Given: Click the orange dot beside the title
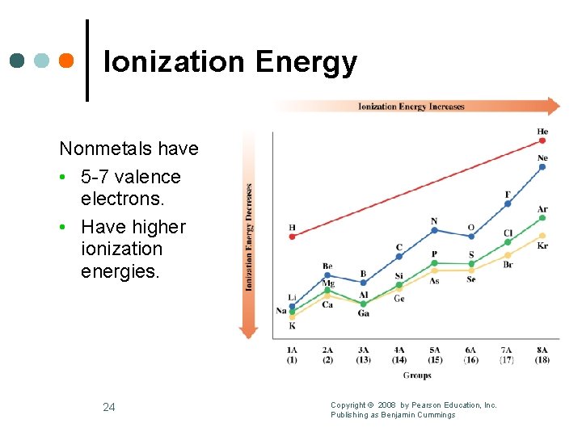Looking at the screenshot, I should click(66, 61).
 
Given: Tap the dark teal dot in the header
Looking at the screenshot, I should click(17, 61).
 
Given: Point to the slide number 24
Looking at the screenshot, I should click(109, 407).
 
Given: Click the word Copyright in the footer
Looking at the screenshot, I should click(348, 405).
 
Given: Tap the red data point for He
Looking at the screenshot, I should click(542, 140).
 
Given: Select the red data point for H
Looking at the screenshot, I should click(293, 236).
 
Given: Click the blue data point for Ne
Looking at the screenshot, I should click(542, 167).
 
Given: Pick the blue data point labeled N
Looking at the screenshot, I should click(435, 230).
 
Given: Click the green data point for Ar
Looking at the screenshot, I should click(542, 217).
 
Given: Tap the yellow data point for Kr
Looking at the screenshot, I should click(542, 236).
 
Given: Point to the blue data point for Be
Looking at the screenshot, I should click(327, 275).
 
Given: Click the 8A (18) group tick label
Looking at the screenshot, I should click(542, 354).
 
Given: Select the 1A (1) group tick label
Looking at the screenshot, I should click(292, 354).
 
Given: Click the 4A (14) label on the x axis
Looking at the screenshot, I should click(399, 354).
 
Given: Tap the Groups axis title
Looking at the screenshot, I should click(417, 375).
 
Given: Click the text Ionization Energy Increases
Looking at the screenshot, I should click(411, 106).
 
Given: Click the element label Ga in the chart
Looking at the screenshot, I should click(363, 313).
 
